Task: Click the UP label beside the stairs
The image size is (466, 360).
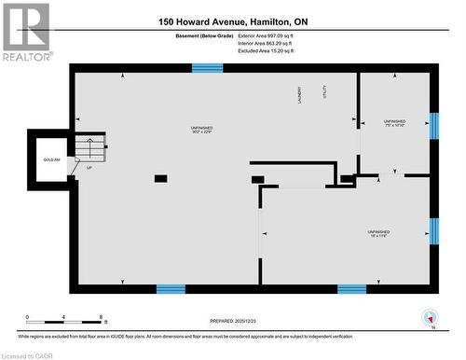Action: (89, 169)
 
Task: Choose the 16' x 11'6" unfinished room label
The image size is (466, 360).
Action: (377, 233)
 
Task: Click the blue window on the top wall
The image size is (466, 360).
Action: (207, 68)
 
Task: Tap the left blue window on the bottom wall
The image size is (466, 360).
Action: (171, 289)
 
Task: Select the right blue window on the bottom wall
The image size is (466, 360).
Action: (351, 289)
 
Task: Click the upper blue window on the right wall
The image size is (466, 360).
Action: (433, 126)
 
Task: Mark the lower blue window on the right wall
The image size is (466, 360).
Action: (433, 230)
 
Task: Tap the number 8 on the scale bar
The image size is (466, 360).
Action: (100, 317)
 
